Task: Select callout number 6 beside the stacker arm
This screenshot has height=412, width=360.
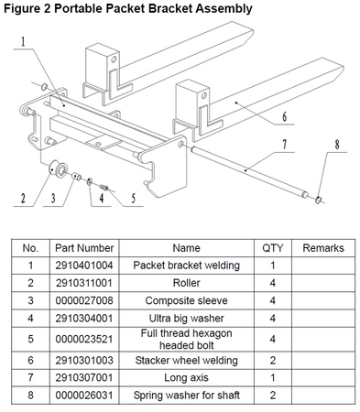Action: pyautogui.click(x=285, y=117)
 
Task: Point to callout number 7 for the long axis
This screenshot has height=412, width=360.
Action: pyautogui.click(x=286, y=145)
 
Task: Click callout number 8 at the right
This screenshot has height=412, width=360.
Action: pyautogui.click(x=337, y=143)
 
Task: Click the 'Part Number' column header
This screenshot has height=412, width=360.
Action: pyautogui.click(x=83, y=248)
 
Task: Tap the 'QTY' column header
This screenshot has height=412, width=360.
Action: pyautogui.click(x=273, y=248)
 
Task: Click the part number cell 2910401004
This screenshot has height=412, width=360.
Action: pyautogui.click(x=83, y=265)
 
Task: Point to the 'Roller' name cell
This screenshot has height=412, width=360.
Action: pyautogui.click(x=186, y=282)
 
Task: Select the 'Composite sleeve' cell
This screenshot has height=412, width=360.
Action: pyautogui.click(x=186, y=298)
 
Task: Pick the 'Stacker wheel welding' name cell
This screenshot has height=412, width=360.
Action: pyautogui.click(x=186, y=362)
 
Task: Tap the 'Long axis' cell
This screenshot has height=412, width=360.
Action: pyautogui.click(x=186, y=378)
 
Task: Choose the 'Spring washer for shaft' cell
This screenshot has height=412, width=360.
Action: pyautogui.click(x=186, y=396)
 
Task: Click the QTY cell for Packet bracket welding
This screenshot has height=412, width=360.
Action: pyautogui.click(x=273, y=265)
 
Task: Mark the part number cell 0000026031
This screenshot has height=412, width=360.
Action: pyautogui.click(x=83, y=396)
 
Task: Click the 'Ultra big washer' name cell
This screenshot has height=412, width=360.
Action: pyautogui.click(x=186, y=316)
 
